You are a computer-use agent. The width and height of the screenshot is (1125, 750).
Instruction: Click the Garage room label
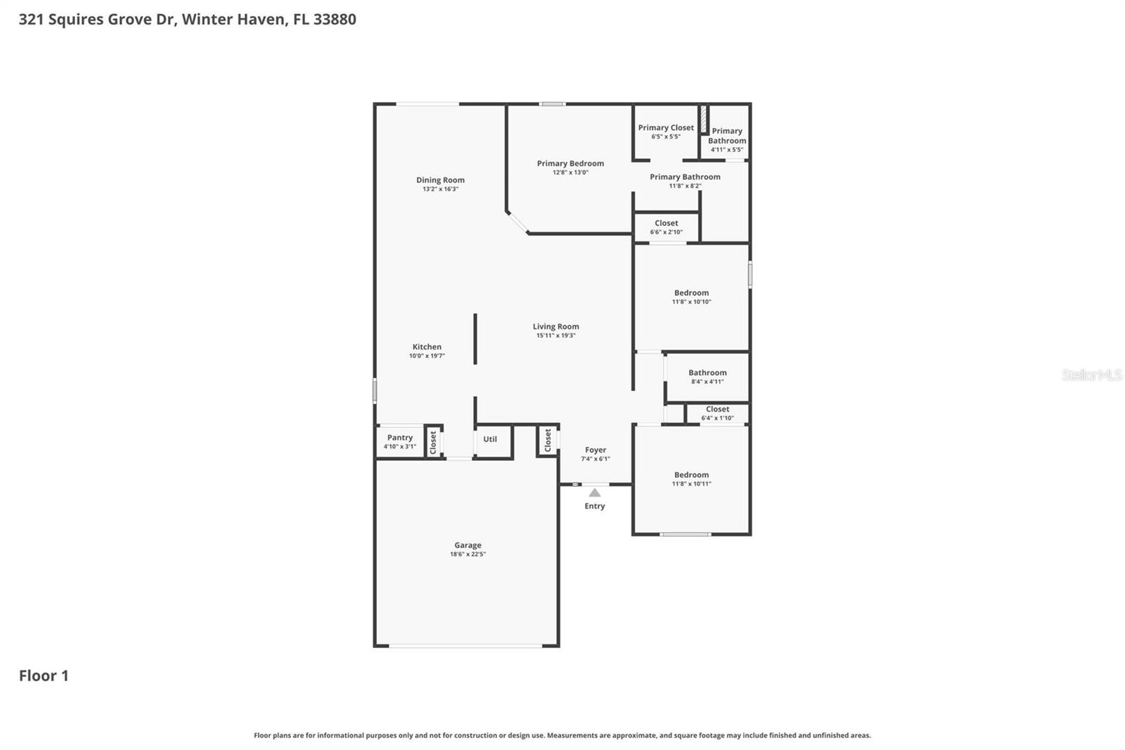[x=468, y=545]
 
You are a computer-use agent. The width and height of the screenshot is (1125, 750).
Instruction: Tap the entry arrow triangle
[x=595, y=492]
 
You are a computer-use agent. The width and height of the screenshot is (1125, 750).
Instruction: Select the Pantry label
[x=399, y=438]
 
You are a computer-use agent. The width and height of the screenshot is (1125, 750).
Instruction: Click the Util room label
[x=490, y=439]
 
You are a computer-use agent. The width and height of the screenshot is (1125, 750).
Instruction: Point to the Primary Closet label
[x=666, y=128]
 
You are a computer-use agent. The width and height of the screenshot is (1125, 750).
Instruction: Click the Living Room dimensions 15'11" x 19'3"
[x=555, y=336]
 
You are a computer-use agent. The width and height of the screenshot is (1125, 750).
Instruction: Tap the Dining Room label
[x=440, y=180]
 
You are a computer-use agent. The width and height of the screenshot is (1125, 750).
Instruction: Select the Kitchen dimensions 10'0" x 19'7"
[x=427, y=356]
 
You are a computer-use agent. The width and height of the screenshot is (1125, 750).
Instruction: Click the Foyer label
[x=596, y=450]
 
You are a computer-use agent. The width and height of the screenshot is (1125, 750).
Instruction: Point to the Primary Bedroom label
[x=570, y=163]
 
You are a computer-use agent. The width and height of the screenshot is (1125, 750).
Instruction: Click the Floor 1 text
[x=44, y=675]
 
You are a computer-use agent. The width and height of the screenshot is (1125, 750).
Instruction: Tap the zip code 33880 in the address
[x=335, y=19]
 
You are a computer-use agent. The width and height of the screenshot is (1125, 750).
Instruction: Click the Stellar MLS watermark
[x=1091, y=375]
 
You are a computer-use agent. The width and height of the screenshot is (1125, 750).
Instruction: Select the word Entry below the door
[x=594, y=506]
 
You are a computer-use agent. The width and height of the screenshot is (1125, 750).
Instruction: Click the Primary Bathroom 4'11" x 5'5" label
[x=727, y=139]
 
